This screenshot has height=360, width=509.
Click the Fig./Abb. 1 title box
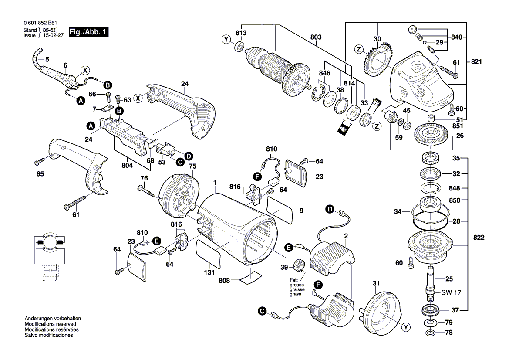click(88, 33)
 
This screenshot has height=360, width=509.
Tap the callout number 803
click(316, 37)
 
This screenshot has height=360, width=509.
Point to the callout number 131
click(209, 273)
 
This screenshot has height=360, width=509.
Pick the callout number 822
click(479, 238)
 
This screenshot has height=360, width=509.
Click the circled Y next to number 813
click(226, 40)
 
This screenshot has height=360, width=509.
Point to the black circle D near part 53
click(189, 156)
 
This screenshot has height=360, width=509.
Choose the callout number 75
click(192, 166)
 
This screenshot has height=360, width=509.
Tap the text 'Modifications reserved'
click(51, 324)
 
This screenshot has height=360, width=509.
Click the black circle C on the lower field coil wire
click(261, 311)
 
